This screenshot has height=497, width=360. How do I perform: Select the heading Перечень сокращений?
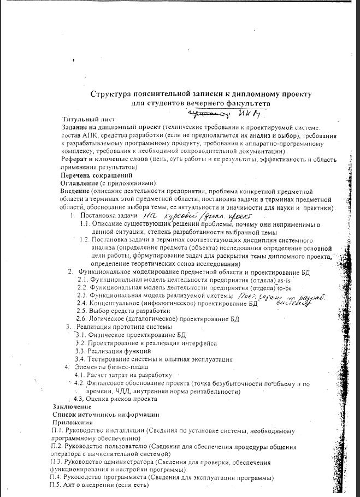tap(96, 175)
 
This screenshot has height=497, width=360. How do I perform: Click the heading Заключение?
tap(72, 407)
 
